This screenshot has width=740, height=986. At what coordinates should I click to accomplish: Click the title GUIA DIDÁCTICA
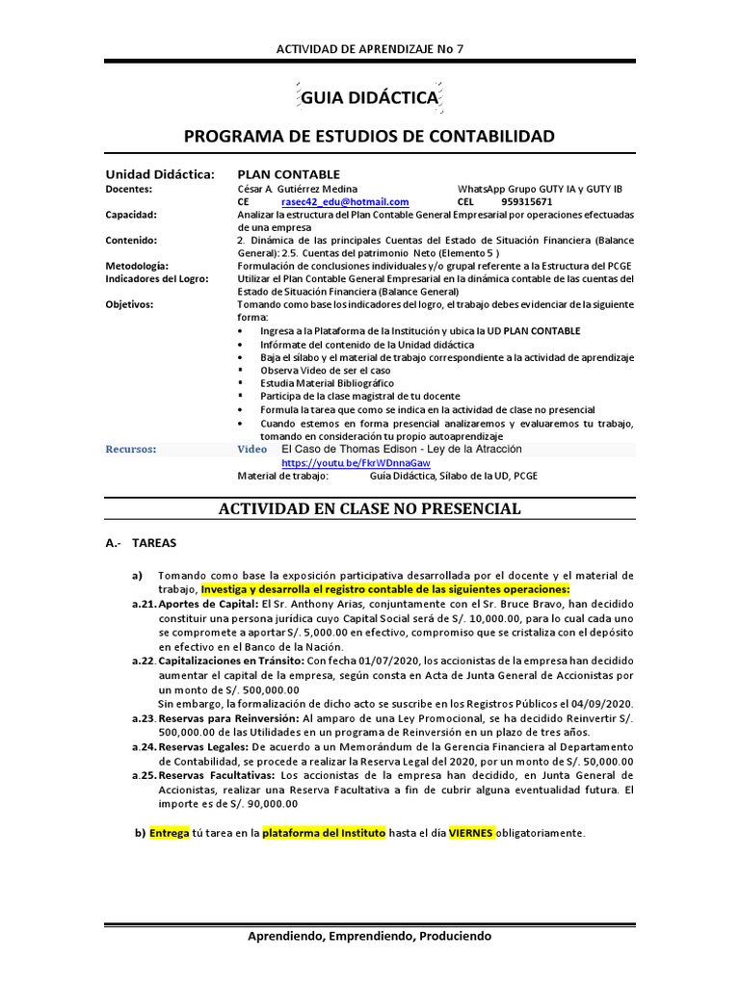pyautogui.click(x=370, y=98)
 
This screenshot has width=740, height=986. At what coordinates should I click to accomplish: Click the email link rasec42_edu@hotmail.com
pyautogui.click(x=345, y=202)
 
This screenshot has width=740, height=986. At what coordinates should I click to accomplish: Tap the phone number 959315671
pyautogui.click(x=527, y=202)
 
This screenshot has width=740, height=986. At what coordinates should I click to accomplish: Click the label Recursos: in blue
pyautogui.click(x=130, y=450)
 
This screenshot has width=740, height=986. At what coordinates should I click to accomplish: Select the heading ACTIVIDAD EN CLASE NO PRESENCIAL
pyautogui.click(x=370, y=508)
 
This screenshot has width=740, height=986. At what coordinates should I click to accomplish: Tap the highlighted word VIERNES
pyautogui.click(x=471, y=833)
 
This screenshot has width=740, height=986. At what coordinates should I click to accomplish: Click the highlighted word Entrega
pyautogui.click(x=170, y=833)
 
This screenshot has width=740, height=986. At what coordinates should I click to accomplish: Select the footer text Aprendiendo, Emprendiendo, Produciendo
pyautogui.click(x=370, y=936)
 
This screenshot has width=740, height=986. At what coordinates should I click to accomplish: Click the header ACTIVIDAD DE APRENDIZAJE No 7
pyautogui.click(x=370, y=49)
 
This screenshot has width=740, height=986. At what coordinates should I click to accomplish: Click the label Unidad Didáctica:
pyautogui.click(x=159, y=173)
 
